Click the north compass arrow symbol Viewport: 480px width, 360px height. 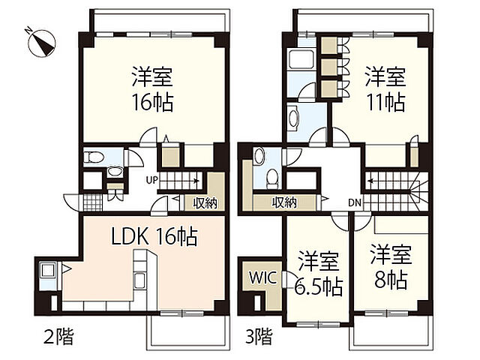(x=41, y=41)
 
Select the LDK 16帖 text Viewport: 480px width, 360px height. (x=154, y=237)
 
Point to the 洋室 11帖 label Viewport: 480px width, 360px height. (x=385, y=88)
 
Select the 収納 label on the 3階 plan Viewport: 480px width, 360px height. (x=284, y=202)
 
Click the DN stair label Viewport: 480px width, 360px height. (x=353, y=202)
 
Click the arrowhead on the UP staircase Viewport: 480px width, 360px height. (x=196, y=181)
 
